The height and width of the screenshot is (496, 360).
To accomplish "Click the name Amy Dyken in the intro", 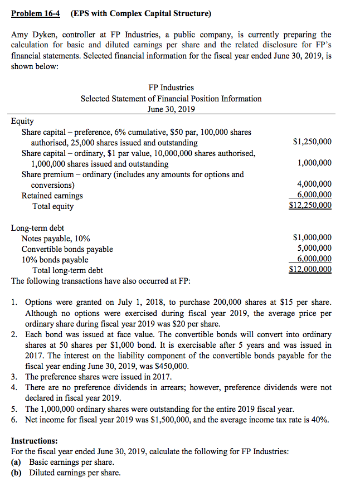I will tap(31, 35).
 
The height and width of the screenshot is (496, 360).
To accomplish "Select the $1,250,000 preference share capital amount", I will tap(312, 142).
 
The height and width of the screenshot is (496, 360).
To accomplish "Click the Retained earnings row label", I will tap(52, 196).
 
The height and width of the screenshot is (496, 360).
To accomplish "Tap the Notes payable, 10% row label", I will tap(56, 239).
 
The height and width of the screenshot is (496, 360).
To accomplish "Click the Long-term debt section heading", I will tap(37, 228).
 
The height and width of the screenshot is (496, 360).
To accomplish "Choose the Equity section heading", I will tap(22, 121).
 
